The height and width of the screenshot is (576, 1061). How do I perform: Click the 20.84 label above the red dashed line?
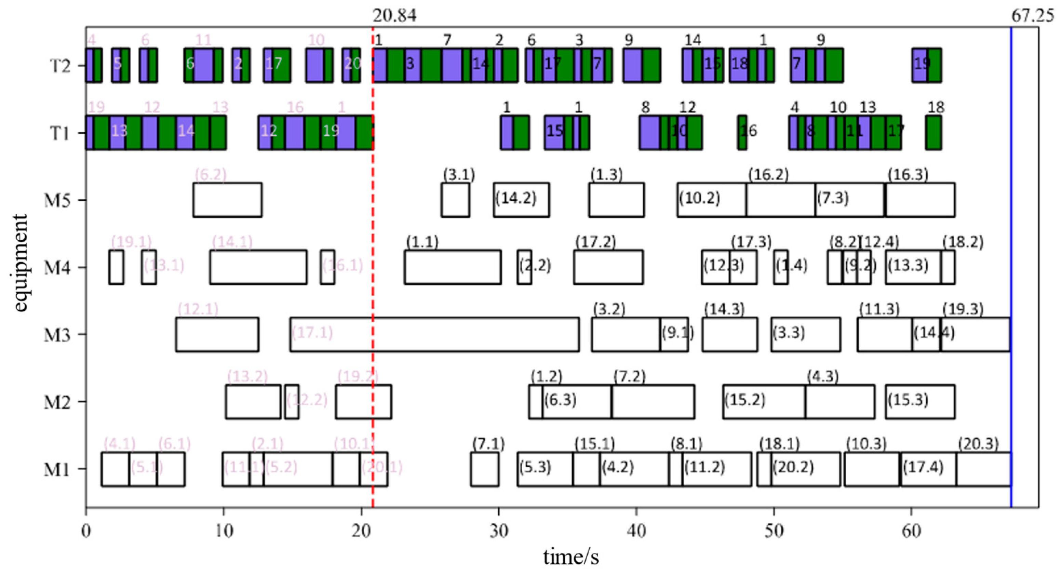point(394,16)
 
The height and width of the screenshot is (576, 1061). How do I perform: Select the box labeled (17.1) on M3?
point(434,334)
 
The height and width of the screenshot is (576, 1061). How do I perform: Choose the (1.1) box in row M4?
point(453,267)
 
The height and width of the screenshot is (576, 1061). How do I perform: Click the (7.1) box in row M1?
point(485,469)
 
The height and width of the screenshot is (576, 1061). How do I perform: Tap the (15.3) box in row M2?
point(920,402)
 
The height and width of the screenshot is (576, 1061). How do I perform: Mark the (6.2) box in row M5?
point(227,200)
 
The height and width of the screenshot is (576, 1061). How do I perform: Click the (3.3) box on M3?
point(806,334)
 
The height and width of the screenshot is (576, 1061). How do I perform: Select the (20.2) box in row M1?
point(806,469)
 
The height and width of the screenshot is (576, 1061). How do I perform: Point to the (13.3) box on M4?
point(913,267)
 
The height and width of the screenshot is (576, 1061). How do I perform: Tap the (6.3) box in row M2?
point(577,402)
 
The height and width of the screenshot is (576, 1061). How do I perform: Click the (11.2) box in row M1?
point(717,469)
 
